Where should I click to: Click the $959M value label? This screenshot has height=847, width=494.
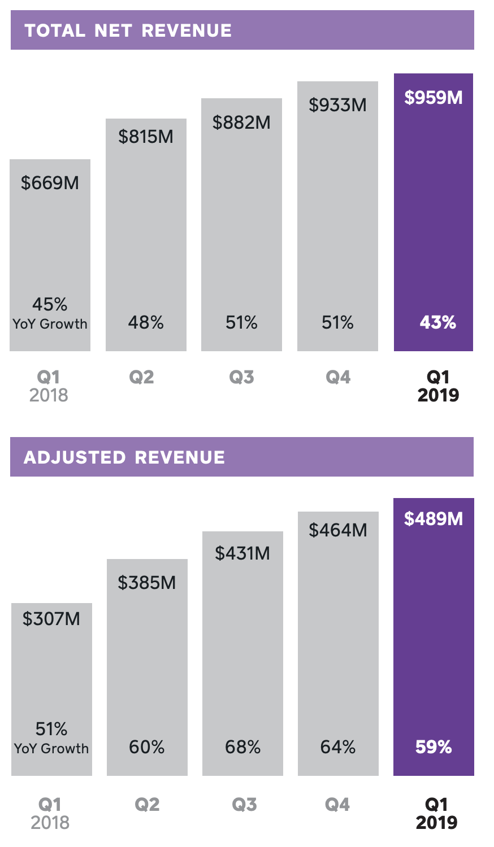(434, 98)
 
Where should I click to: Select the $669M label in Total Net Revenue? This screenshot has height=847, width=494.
(50, 183)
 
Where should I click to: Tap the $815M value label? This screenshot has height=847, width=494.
(146, 137)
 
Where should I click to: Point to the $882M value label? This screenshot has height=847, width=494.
(241, 123)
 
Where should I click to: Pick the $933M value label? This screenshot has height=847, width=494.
(337, 105)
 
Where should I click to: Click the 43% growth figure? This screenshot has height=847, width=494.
(437, 322)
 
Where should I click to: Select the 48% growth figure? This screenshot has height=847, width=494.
(146, 322)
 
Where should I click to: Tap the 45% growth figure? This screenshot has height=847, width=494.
(50, 304)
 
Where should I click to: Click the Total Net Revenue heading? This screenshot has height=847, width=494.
(128, 30)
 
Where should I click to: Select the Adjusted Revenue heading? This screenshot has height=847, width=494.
(124, 457)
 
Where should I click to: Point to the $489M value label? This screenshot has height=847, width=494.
(434, 519)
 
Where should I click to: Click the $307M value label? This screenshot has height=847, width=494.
(51, 619)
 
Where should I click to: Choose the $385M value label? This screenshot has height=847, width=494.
(147, 583)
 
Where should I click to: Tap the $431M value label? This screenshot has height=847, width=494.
(242, 553)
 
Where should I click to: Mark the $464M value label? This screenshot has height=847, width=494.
(338, 530)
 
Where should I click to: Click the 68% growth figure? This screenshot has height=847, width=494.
(242, 747)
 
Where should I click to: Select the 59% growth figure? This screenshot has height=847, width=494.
(434, 747)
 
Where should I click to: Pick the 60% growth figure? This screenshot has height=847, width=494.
(147, 747)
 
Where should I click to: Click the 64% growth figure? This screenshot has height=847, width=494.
(338, 747)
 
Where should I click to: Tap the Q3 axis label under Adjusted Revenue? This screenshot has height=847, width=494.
(244, 804)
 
